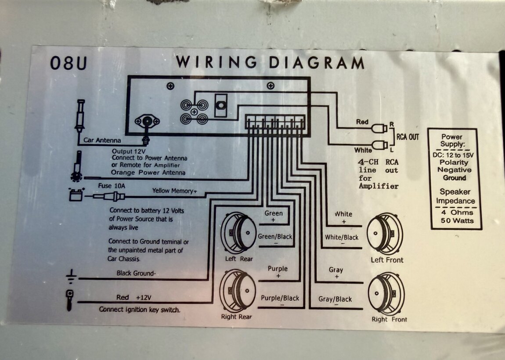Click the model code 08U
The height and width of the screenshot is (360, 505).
[x=69, y=63]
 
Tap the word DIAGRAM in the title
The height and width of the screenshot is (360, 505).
[x=316, y=62]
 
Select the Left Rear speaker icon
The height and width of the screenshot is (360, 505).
[x=239, y=233]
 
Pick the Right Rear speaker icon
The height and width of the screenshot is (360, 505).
[x=239, y=291]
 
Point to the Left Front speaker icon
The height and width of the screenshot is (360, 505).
[x=385, y=234]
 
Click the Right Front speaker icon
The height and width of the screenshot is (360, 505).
[x=386, y=293]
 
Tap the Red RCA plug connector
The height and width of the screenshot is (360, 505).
[x=379, y=128]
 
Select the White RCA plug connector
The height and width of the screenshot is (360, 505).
[x=379, y=144]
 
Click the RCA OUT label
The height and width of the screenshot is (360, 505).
[x=408, y=137]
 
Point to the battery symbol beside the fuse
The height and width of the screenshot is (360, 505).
[x=76, y=194]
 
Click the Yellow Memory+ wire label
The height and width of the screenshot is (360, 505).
[x=175, y=191]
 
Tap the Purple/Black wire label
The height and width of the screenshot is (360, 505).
[x=280, y=298]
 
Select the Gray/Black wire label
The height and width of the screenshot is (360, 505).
[x=335, y=299]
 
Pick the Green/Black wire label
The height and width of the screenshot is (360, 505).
[x=275, y=237]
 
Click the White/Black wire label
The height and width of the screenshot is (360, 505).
[x=342, y=238]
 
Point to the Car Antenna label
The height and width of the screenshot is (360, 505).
[x=102, y=141]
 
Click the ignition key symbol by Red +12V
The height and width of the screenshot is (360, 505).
[x=69, y=300]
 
